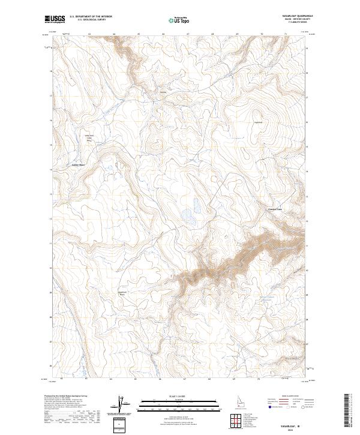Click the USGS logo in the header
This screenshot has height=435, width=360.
[x=55, y=19]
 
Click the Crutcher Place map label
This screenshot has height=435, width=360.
[x=274, y=209]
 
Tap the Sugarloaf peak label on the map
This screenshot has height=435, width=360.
[x=259, y=122]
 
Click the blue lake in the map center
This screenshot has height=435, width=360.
[x=187, y=214]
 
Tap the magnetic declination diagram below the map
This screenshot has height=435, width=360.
[x=122, y=404]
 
